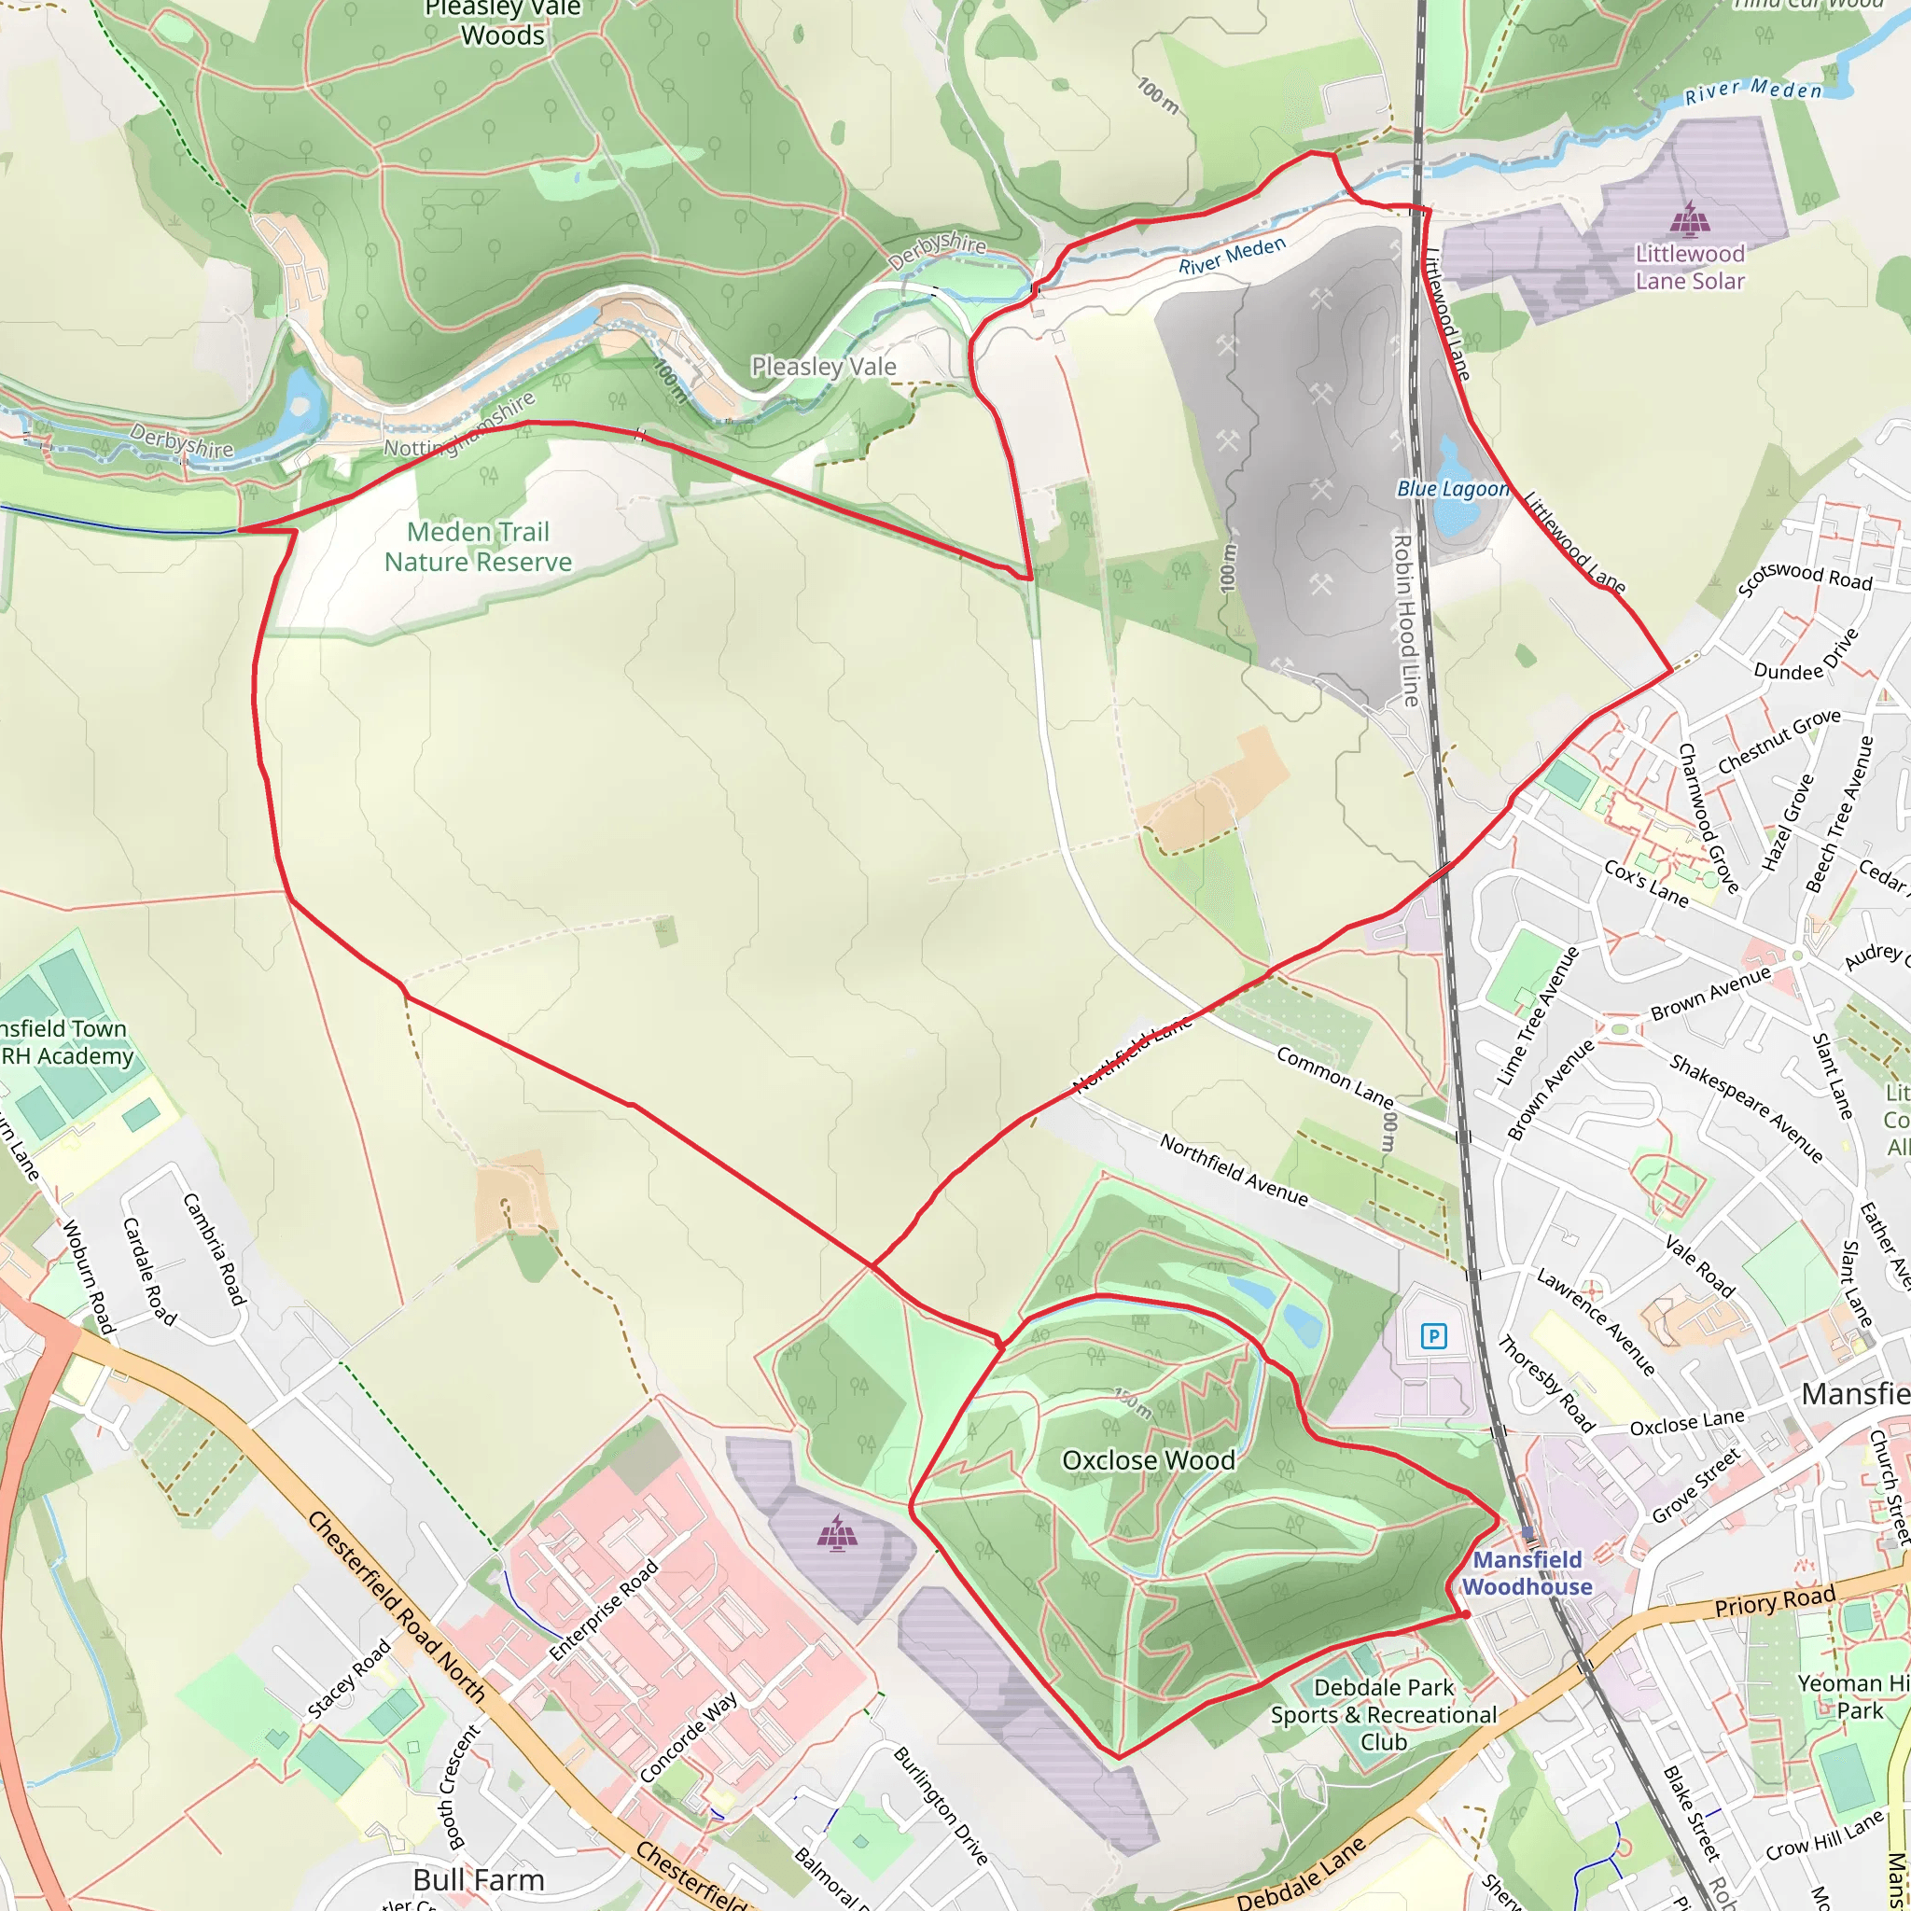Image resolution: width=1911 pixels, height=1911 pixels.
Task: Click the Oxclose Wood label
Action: click(x=1148, y=1460)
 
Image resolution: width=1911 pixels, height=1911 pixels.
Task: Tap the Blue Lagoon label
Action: click(x=1452, y=490)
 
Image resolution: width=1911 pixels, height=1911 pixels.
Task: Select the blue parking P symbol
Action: click(x=1433, y=1337)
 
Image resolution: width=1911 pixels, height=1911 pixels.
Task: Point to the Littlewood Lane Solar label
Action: click(x=1690, y=267)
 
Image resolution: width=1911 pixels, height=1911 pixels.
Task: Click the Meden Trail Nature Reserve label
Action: click(x=478, y=547)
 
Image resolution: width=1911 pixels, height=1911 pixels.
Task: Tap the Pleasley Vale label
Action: click(x=823, y=367)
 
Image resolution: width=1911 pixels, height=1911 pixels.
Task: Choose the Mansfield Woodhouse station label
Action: click(x=1527, y=1572)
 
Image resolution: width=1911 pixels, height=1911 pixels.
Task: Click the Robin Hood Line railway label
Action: click(x=1405, y=621)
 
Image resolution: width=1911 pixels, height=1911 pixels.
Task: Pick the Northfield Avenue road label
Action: click(x=1234, y=1171)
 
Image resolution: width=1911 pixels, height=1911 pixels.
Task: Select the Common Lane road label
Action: click(x=1334, y=1077)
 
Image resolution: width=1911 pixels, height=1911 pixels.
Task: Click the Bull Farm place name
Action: click(x=479, y=1879)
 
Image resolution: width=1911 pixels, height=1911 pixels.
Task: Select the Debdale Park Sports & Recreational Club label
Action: click(x=1383, y=1714)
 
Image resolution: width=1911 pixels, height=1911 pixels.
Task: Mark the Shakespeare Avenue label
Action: click(x=1746, y=1107)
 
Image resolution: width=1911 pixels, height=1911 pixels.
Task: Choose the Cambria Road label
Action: click(x=214, y=1248)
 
